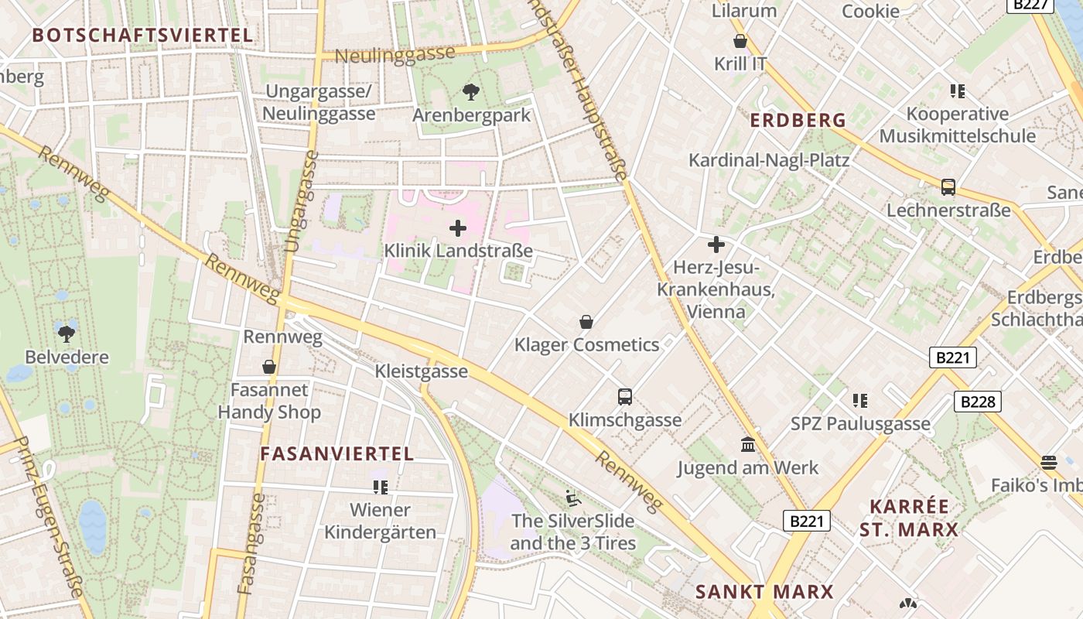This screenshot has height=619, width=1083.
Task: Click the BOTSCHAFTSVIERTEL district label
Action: point(143,35)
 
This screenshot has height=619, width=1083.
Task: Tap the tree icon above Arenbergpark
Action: point(470,93)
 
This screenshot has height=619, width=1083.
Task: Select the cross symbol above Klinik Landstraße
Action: point(458,228)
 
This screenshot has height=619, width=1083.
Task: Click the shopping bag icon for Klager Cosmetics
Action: point(586,322)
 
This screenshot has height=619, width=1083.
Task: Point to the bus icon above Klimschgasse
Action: point(625,397)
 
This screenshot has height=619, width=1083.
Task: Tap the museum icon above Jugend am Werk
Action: point(748,445)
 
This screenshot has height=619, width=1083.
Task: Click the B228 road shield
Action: point(978,402)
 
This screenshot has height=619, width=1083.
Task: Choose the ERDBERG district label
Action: point(798,121)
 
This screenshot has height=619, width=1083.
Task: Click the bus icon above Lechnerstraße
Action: point(948,187)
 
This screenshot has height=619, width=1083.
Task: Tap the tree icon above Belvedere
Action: point(67,334)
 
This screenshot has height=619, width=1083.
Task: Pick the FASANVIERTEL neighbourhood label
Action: point(337,454)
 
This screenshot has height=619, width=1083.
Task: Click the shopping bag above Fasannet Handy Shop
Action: point(269,367)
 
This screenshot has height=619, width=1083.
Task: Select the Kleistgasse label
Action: point(422,371)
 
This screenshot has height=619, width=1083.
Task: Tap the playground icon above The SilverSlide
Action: point(572,498)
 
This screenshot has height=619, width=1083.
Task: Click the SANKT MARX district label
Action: point(764,592)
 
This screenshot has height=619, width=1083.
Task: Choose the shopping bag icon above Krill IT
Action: point(740,42)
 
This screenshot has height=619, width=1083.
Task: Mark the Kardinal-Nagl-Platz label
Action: point(769,160)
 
